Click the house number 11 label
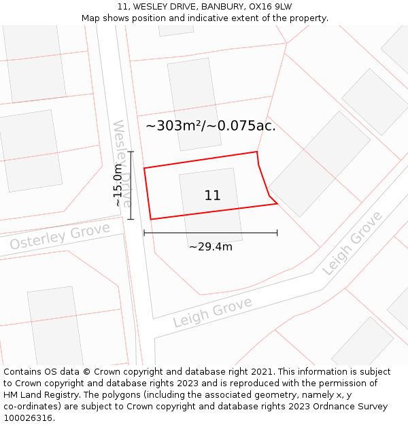(212, 196)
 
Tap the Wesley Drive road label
(122, 163)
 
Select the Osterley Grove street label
(60, 236)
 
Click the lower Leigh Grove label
(212, 311)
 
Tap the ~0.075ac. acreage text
(241, 126)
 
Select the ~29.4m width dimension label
(210, 247)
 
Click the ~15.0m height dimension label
(118, 185)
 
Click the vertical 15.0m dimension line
(131, 185)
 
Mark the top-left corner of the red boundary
(144, 168)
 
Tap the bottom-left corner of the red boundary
(150, 219)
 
